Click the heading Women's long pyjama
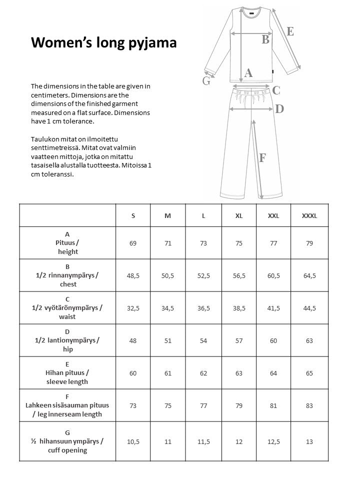pos(103,42)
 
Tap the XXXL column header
pos(309,215)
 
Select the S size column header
pos(133,215)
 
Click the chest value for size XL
pos(239,275)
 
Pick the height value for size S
pos(133,243)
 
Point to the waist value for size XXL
pos(273,308)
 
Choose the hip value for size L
pos(203,340)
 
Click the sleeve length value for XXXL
pos(309,373)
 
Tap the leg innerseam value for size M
pos(168,405)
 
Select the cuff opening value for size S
pos(133,441)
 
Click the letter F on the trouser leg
pos(262,158)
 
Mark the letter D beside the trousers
pos(279,108)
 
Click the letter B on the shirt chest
pos(265,39)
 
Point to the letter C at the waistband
pos(276,90)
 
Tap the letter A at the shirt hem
pos(248,73)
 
